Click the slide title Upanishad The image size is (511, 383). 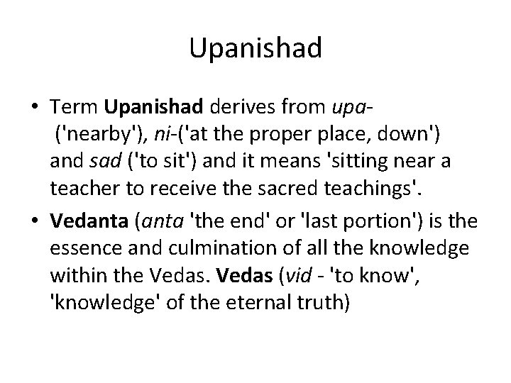click(255, 48)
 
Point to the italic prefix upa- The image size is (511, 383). click(353, 108)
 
